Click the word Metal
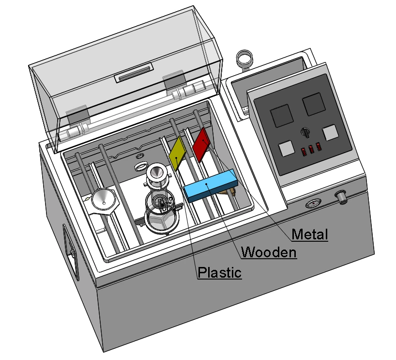310,234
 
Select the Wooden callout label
269,252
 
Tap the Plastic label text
219,272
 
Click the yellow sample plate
178,153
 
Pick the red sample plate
201,144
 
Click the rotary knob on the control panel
305,132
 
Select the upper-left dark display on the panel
282,115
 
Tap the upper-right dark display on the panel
313,104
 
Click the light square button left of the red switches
286,148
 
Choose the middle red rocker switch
311,149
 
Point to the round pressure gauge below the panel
313,203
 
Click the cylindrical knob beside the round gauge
341,197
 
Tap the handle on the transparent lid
134,73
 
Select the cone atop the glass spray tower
156,172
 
